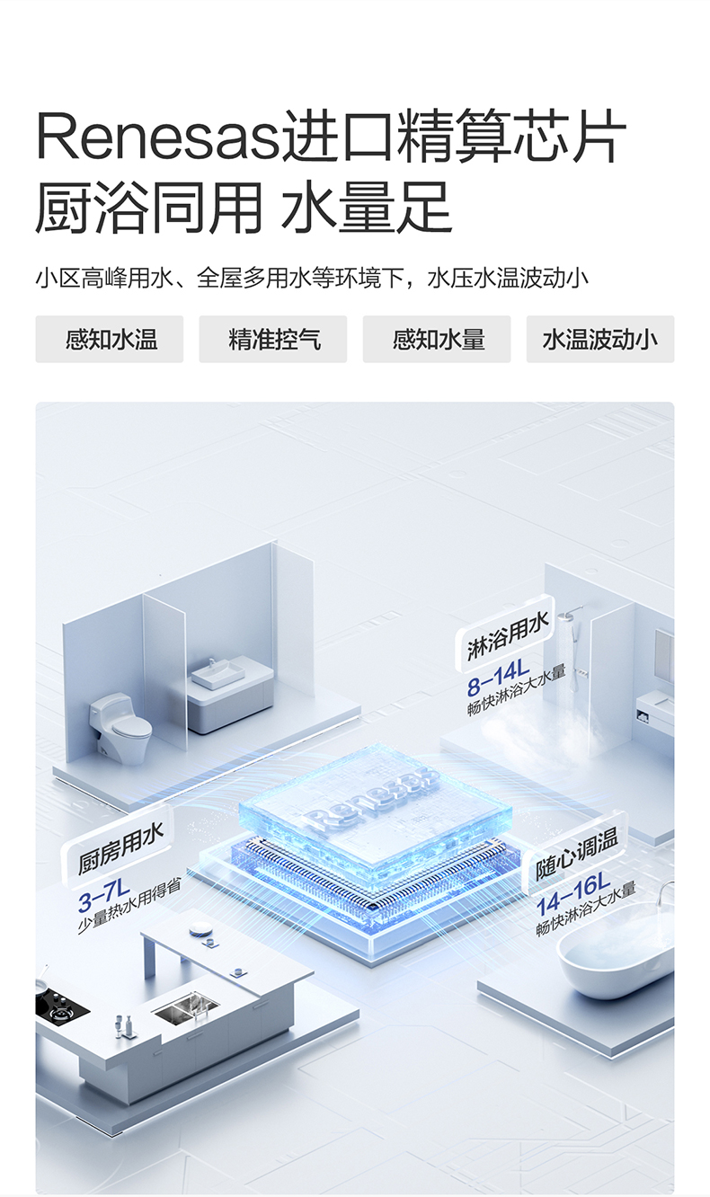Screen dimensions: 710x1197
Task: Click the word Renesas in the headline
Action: (159, 137)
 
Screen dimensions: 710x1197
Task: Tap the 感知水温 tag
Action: (110, 340)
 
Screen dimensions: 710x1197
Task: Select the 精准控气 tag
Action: (273, 340)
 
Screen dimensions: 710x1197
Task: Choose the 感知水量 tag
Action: (437, 340)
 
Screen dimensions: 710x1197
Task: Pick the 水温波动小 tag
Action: (600, 340)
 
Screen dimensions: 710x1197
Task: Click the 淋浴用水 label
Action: (508, 636)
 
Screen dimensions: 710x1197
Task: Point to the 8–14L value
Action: (498, 677)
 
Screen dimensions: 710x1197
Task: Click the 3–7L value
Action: (103, 896)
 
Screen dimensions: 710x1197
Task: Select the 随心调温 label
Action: (576, 854)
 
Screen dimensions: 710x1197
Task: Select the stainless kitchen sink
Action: (186, 1007)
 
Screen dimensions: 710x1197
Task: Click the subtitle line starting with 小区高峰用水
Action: (312, 279)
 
